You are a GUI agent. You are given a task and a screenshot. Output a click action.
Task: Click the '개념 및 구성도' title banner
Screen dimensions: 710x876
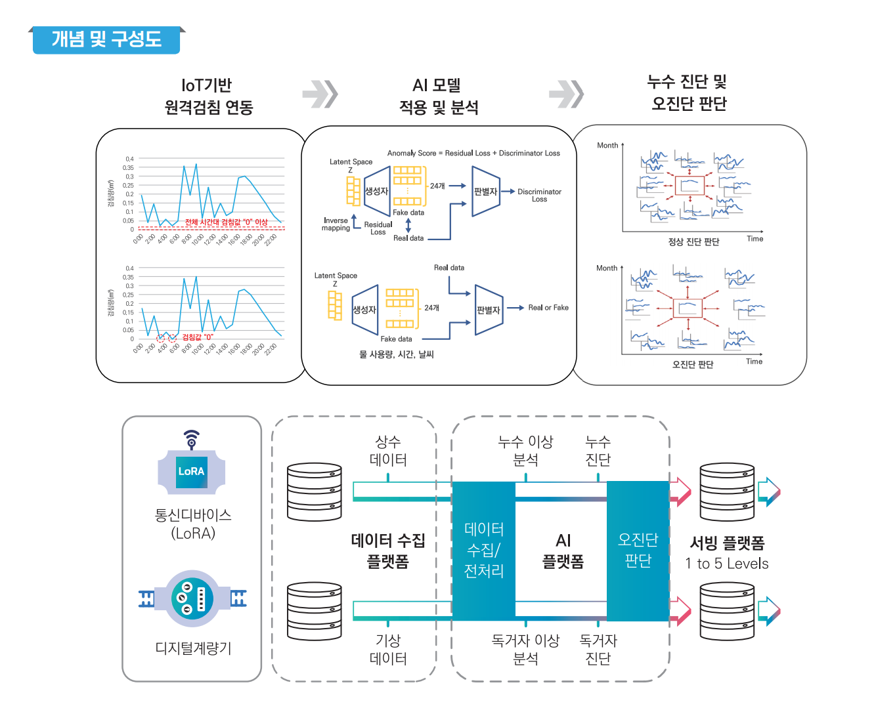pos(106,39)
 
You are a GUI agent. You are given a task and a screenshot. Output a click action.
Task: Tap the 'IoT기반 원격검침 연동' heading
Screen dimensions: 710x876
pos(208,96)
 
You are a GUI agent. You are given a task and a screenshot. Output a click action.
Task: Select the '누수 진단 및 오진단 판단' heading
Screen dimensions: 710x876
pos(688,93)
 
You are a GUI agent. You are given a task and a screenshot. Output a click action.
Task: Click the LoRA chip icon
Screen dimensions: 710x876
pos(191,471)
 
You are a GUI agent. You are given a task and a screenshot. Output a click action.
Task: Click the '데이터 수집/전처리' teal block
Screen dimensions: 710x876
pos(484,550)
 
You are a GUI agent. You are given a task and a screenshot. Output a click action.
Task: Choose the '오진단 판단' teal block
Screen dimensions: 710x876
pos(638,550)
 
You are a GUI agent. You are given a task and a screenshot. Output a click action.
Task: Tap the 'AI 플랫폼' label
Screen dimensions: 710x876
pos(563,550)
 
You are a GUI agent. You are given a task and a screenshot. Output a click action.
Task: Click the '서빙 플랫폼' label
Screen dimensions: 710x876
pos(727,543)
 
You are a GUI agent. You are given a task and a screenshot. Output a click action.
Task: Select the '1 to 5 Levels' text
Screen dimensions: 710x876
pos(726,564)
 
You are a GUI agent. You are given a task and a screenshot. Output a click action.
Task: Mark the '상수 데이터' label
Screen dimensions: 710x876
pos(388,451)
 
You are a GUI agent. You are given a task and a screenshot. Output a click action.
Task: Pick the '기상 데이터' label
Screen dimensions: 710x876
pos(388,649)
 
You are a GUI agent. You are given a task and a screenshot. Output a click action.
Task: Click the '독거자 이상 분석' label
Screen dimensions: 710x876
pos(525,649)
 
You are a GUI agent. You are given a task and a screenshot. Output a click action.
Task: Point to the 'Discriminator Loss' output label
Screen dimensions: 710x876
pos(539,196)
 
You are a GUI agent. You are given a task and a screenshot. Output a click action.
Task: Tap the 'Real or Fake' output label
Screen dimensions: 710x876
pos(548,308)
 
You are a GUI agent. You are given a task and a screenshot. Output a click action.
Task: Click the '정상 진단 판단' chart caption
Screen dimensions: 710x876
pos(693,242)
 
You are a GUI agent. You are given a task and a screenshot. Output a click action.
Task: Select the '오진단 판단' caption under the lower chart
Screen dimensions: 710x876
pos(693,365)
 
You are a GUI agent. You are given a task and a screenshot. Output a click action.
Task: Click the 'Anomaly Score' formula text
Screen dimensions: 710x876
pos(473,153)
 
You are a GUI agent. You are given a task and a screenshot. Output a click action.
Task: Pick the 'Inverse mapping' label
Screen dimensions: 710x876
pos(336,224)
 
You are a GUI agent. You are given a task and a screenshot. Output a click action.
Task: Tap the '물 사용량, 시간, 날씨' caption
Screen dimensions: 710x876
pos(397,354)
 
